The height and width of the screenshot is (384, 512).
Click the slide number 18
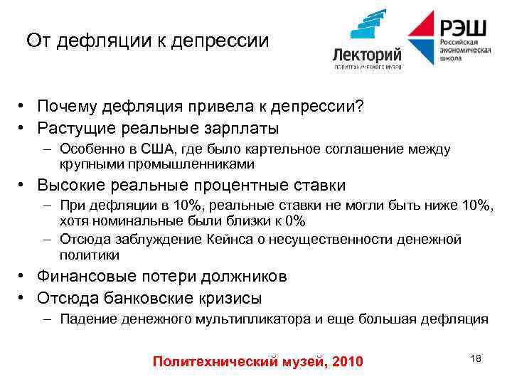tap(476, 358)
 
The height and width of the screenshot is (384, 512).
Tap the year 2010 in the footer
tap(348, 363)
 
